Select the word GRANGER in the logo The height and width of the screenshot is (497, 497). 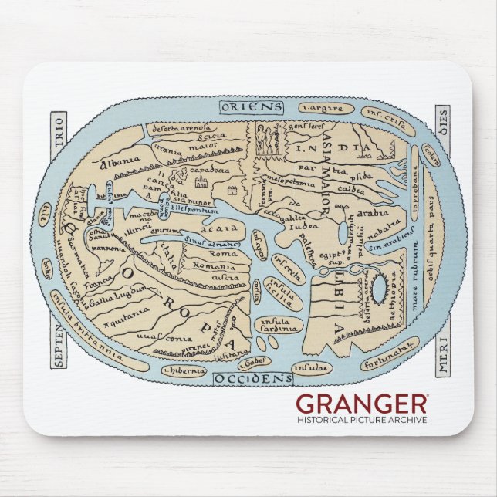[x=362, y=404]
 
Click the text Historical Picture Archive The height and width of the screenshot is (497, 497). [x=362, y=420]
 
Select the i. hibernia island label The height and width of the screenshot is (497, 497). [x=184, y=370]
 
